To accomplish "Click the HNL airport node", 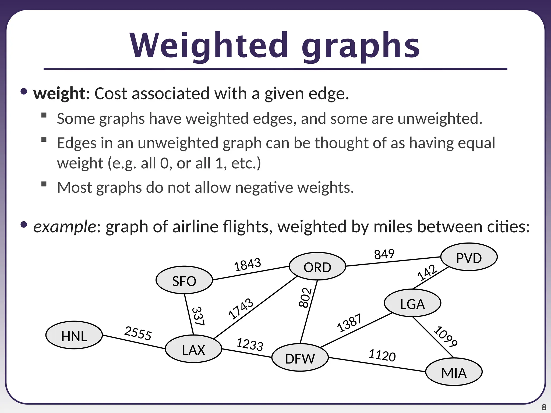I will click(74, 336).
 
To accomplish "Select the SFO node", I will click(184, 281).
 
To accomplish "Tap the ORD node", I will click(317, 267).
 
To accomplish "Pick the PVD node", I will click(469, 258).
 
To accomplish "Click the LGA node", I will click(412, 304).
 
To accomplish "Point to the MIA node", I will click(454, 372).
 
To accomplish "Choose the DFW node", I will click(300, 358).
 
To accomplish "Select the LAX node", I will click(193, 350).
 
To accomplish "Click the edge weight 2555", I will click(138, 333).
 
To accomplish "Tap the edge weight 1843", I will click(248, 264).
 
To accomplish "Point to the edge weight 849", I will click(384, 254).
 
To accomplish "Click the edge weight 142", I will click(427, 272).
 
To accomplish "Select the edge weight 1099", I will click(446, 336).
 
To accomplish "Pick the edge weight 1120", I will click(382, 355).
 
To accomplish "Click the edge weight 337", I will click(198, 316).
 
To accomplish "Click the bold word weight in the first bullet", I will click(59, 94).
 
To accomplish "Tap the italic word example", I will click(65, 226).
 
